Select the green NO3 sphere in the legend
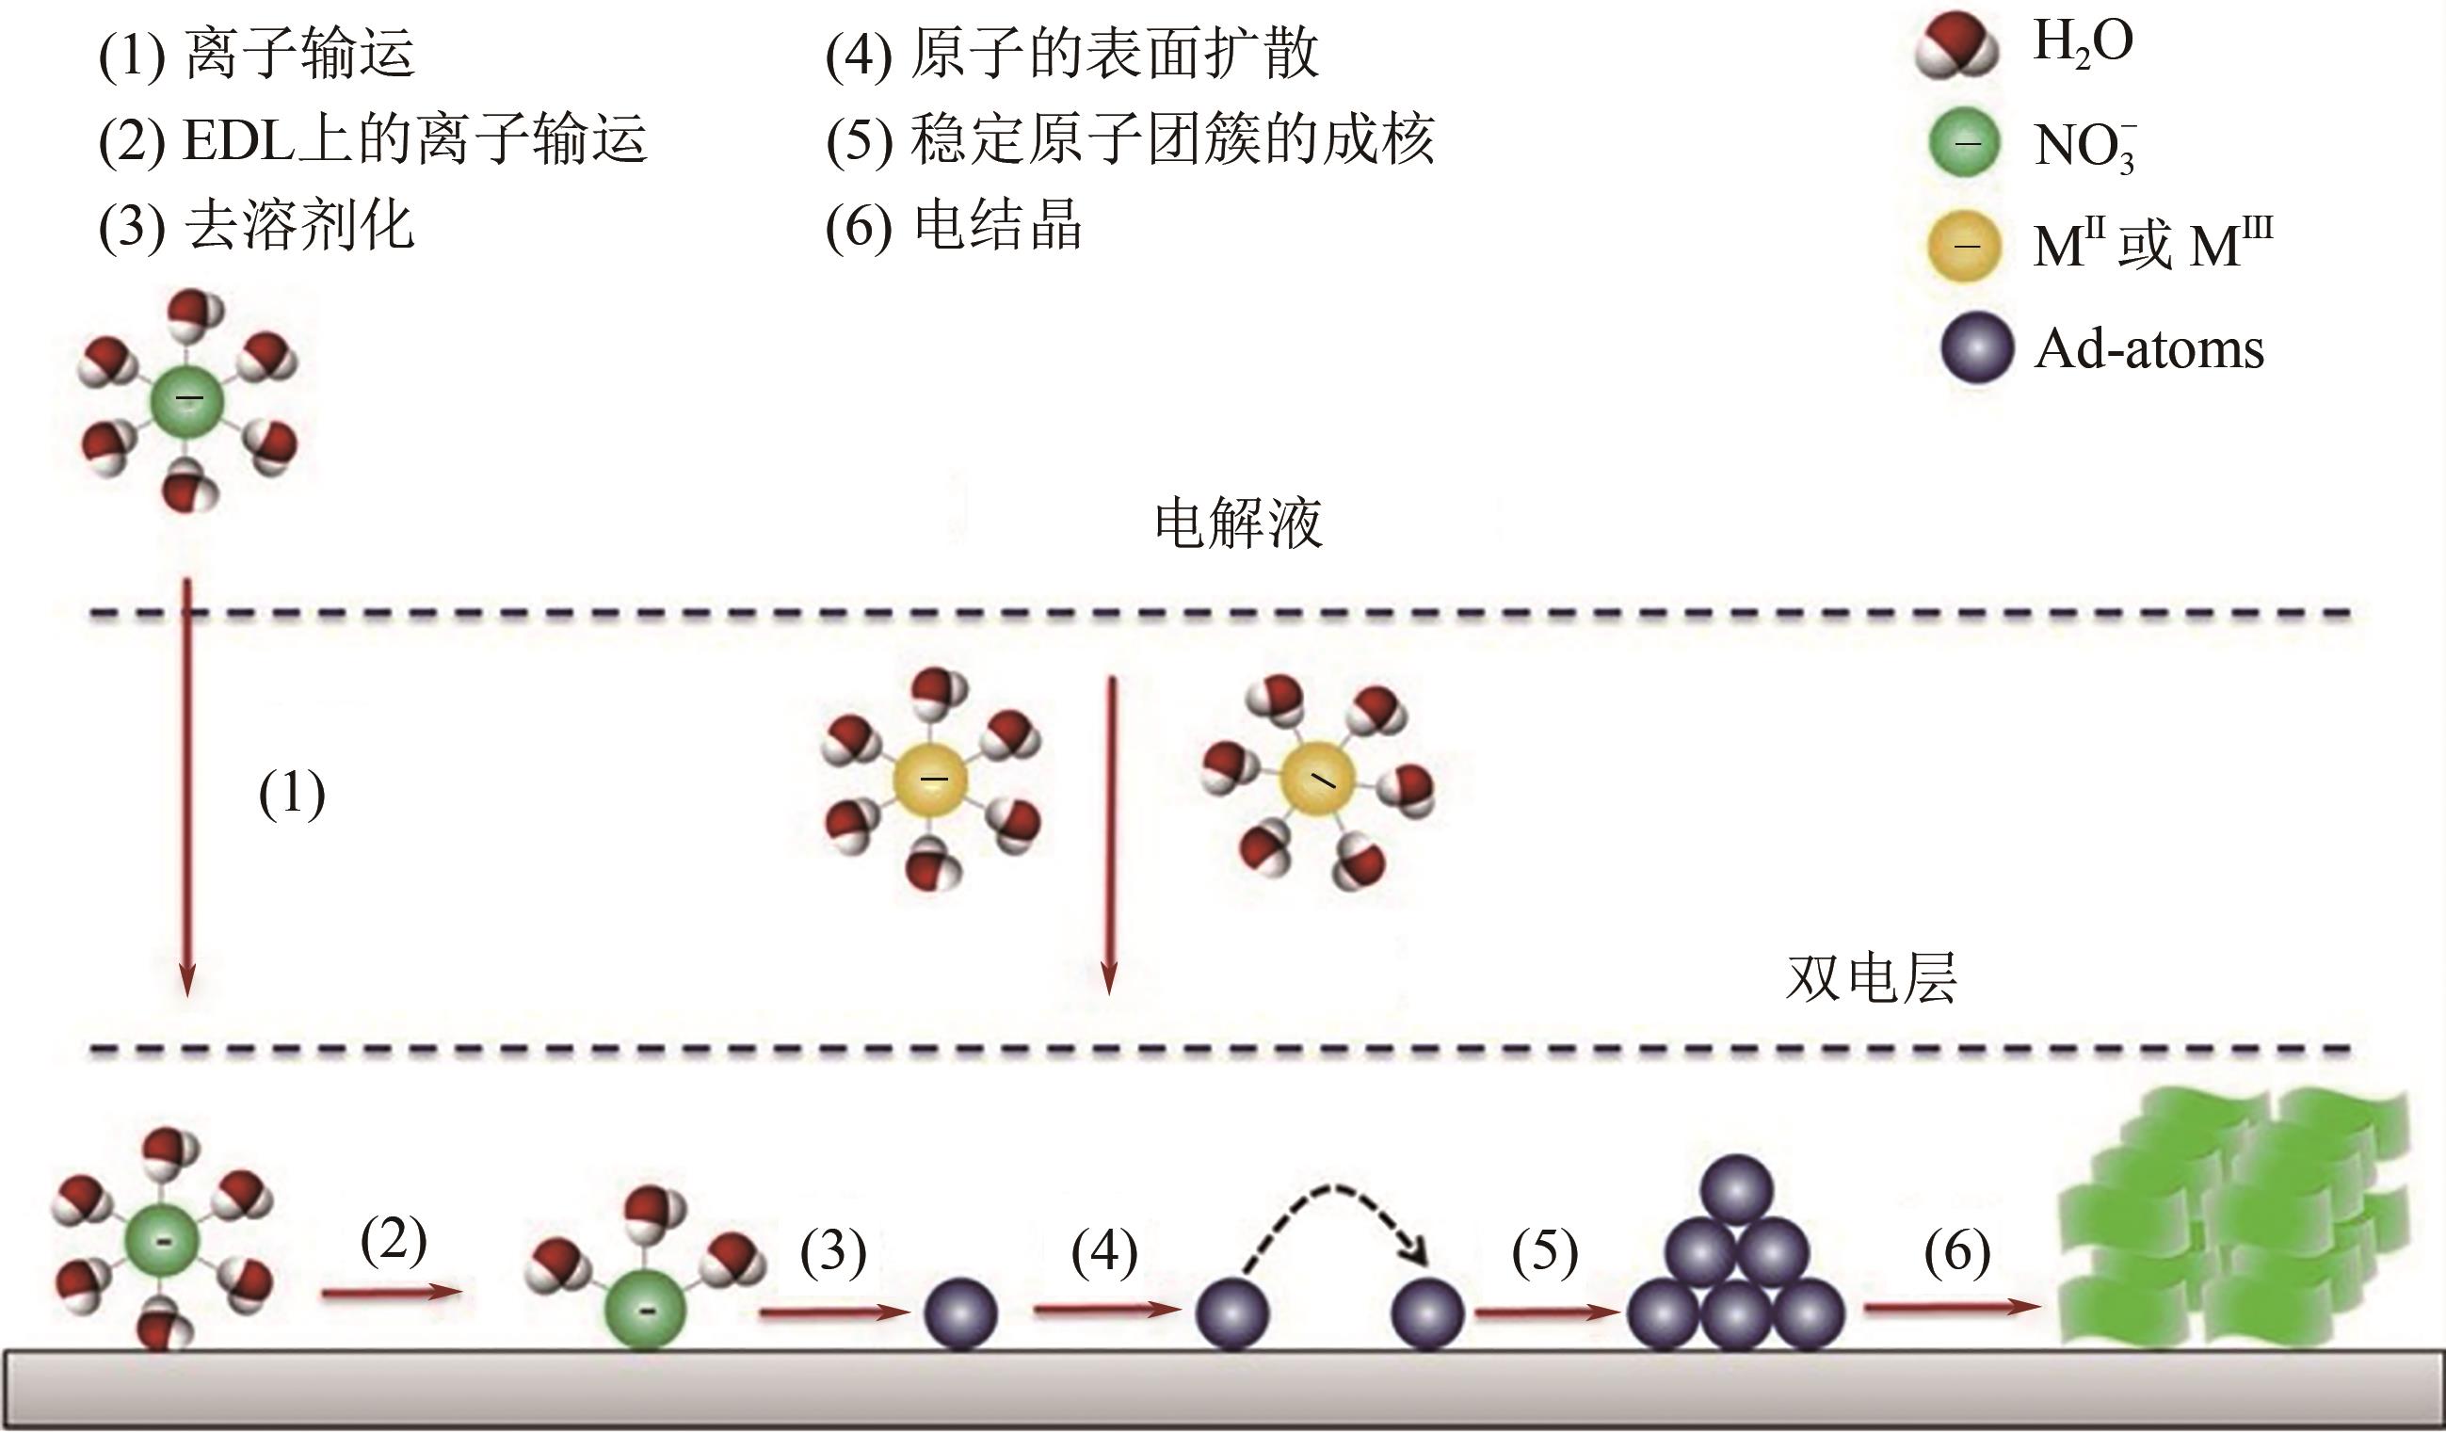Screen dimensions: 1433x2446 (x=1964, y=143)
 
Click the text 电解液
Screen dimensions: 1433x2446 (x=1237, y=523)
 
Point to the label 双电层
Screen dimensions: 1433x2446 (x=1871, y=977)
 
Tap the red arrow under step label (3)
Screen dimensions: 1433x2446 (x=833, y=1312)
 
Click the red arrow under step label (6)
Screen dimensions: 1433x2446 (x=1951, y=1307)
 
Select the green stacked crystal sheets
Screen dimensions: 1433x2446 (x=2232, y=1223)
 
